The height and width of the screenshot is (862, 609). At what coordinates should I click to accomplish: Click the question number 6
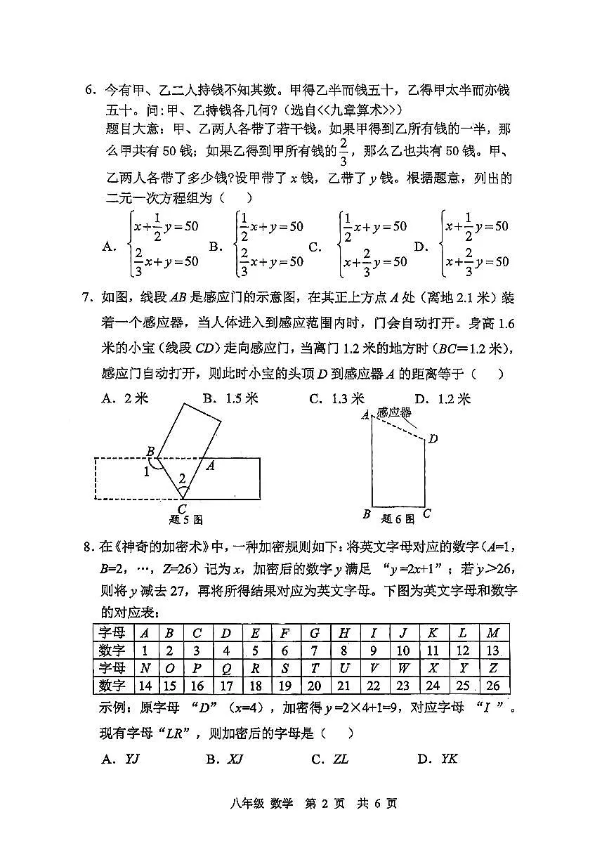(90, 90)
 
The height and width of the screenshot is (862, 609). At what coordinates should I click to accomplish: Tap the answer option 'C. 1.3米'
(338, 398)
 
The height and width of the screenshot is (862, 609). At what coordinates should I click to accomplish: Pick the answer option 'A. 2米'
(126, 398)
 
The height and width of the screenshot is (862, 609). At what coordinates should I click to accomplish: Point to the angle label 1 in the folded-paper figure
(147, 472)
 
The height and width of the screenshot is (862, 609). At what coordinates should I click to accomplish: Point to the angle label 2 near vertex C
(182, 478)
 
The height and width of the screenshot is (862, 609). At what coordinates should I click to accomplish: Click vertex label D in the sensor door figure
(433, 439)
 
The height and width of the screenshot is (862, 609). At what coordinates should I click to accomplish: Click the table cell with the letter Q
(226, 668)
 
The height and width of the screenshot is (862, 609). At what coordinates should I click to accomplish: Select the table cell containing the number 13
(492, 651)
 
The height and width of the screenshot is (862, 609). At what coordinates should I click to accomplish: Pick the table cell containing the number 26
(492, 685)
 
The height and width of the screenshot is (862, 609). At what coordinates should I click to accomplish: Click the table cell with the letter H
(344, 633)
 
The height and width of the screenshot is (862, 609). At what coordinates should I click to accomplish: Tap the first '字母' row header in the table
(112, 633)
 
